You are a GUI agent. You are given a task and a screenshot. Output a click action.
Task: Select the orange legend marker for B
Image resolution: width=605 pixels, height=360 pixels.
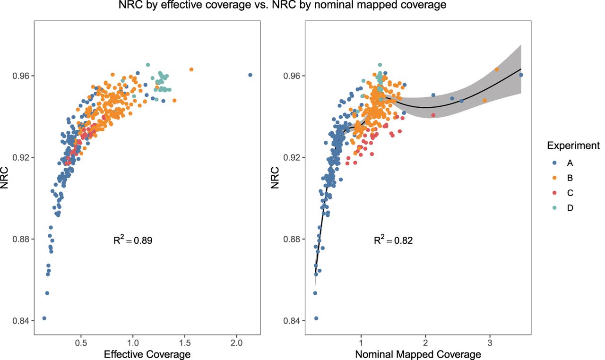[554, 178]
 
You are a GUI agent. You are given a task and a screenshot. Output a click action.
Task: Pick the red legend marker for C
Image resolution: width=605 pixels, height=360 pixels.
[554, 193]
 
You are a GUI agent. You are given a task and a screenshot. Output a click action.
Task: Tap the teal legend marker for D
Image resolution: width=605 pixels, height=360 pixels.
[554, 208]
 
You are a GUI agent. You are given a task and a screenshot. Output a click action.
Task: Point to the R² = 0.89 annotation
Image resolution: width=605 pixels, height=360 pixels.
[132, 240]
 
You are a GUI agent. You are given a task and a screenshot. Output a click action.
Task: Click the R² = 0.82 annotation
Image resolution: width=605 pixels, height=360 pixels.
[393, 240]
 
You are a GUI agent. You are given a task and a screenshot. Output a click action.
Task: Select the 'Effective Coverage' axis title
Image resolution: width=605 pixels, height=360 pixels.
[148, 354]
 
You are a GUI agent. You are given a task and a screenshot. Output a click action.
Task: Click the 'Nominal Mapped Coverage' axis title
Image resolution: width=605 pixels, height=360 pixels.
[418, 354]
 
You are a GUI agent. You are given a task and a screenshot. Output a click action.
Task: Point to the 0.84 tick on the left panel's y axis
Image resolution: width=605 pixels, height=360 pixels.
[23, 321]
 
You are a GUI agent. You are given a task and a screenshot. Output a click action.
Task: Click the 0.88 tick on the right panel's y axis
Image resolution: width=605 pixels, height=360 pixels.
[294, 239]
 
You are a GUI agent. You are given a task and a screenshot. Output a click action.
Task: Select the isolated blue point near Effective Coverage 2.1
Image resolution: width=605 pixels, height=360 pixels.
[250, 75]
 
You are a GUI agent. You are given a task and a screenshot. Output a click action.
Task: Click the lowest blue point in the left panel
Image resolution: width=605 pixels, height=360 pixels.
[44, 318]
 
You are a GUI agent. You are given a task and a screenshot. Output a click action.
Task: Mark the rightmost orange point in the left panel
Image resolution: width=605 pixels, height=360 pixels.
[191, 69]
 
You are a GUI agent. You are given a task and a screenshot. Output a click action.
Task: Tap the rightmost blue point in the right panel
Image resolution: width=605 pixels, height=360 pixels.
[521, 75]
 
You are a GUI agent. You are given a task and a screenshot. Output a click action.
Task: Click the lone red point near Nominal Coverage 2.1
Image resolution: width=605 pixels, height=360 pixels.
[433, 115]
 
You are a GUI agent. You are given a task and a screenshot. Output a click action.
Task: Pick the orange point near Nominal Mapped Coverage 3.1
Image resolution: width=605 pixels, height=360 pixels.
[496, 69]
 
